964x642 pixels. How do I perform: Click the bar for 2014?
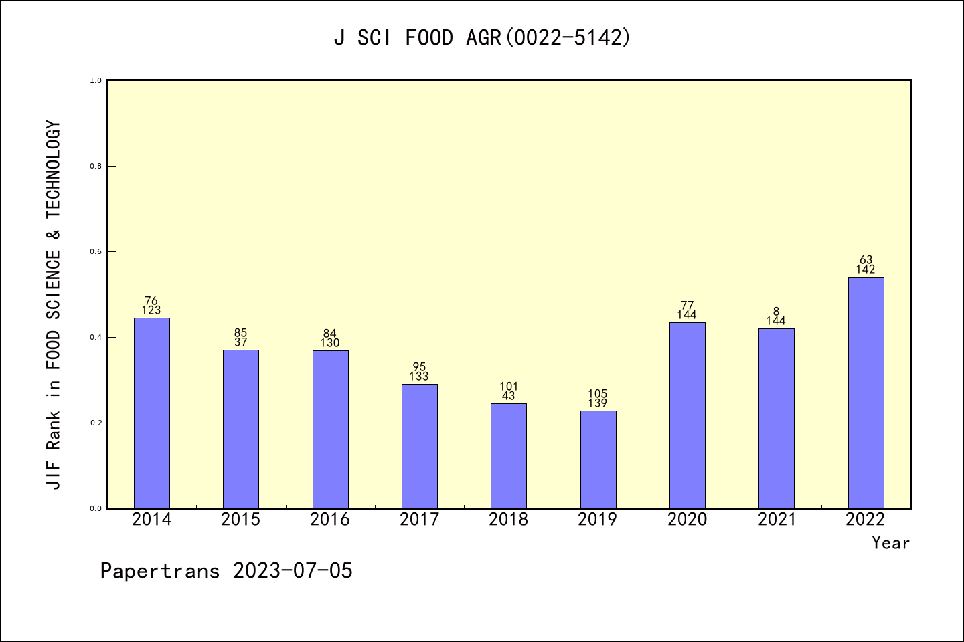pyautogui.click(x=152, y=413)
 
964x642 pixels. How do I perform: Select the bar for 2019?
pyautogui.click(x=598, y=459)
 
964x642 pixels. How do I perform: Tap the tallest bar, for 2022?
pyautogui.click(x=866, y=393)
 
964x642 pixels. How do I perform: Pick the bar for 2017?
pyautogui.click(x=419, y=446)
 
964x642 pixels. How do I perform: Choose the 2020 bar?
pyautogui.click(x=687, y=415)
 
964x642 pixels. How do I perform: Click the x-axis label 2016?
pyautogui.click(x=330, y=520)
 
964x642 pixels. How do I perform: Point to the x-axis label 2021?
pyautogui.click(x=777, y=520)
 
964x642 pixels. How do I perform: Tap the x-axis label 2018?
pyautogui.click(x=508, y=520)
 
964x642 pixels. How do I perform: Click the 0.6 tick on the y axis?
pyautogui.click(x=96, y=251)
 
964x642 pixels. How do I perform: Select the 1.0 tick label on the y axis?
pyautogui.click(x=96, y=80)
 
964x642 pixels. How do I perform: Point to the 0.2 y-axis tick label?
pyautogui.click(x=96, y=423)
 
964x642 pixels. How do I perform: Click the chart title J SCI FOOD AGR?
pyautogui.click(x=482, y=38)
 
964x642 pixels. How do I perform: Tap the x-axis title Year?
pyautogui.click(x=890, y=543)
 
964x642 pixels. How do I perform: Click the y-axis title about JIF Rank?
pyautogui.click(x=54, y=304)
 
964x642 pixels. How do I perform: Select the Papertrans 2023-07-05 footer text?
pyautogui.click(x=226, y=571)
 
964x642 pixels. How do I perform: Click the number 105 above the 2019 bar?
pyautogui.click(x=598, y=394)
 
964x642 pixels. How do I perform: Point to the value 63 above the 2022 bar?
pyautogui.click(x=866, y=260)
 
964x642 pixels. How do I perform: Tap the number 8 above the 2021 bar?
pyautogui.click(x=777, y=311)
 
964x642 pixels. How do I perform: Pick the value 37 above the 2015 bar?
pyautogui.click(x=241, y=342)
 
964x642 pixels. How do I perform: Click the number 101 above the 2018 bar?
pyautogui.click(x=509, y=387)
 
